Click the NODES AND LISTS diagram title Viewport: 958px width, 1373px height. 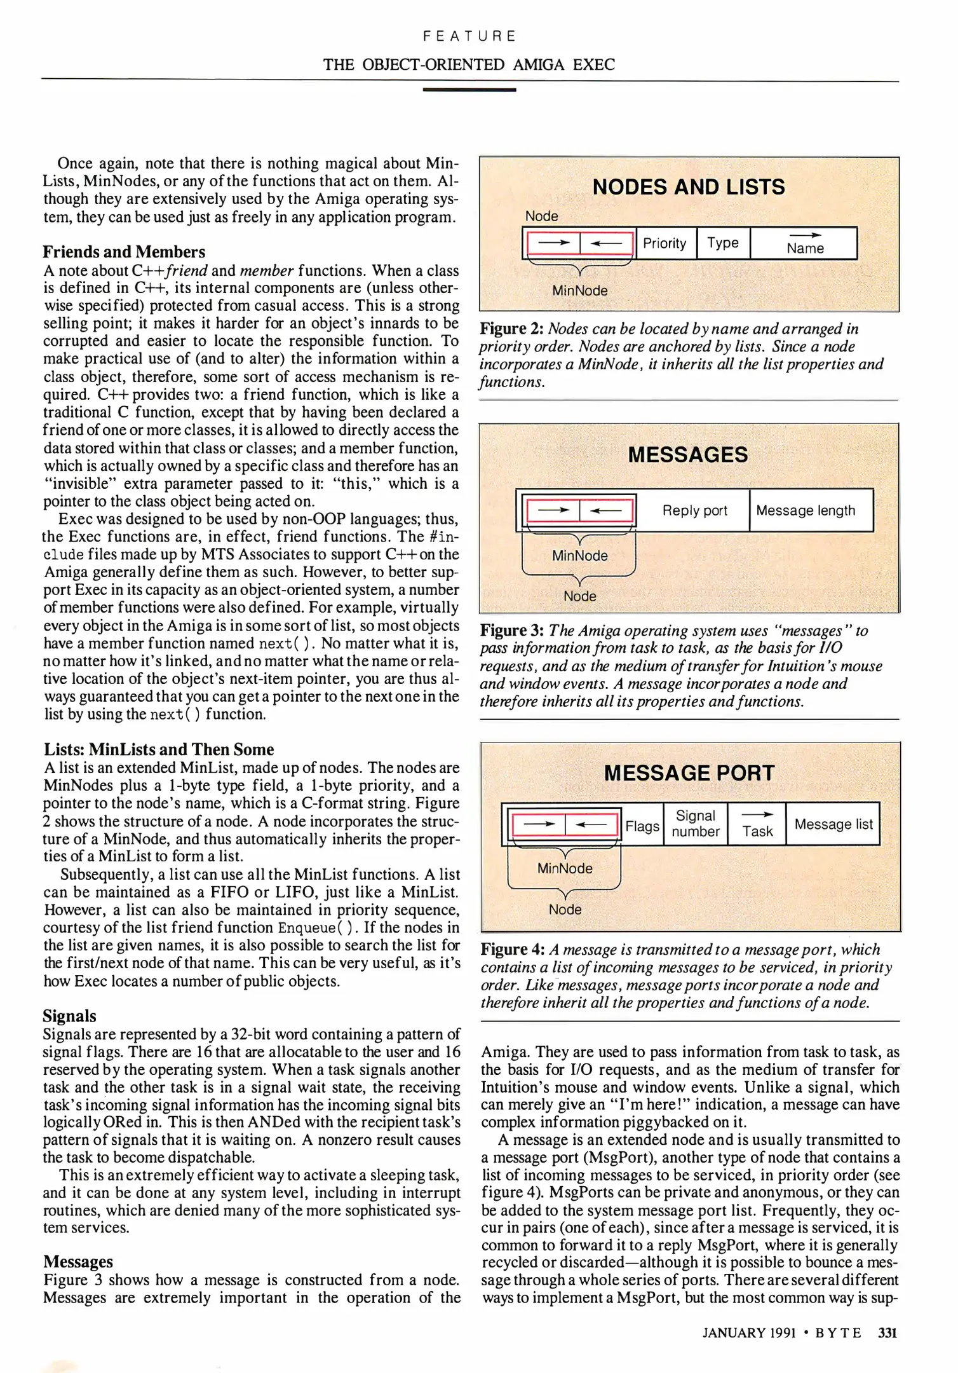689,187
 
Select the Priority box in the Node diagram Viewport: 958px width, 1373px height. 665,243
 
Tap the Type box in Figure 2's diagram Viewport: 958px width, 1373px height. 723,243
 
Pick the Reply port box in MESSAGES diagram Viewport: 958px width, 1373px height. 694,510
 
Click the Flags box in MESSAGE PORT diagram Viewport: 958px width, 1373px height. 642,826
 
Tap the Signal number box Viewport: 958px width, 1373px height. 696,824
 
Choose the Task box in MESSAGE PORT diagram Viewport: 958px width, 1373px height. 757,825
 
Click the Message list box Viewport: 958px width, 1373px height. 833,824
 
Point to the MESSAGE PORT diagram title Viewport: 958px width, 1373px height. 689,773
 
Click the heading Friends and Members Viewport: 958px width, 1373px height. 124,252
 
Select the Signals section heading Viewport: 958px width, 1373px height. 70,1016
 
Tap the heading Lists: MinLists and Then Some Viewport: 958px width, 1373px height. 159,749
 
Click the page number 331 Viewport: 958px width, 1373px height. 887,1333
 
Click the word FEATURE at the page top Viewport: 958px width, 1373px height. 469,36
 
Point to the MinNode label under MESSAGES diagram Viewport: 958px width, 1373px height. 579,556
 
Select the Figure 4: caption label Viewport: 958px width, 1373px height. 513,950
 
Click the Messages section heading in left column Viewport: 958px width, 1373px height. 78,1262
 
